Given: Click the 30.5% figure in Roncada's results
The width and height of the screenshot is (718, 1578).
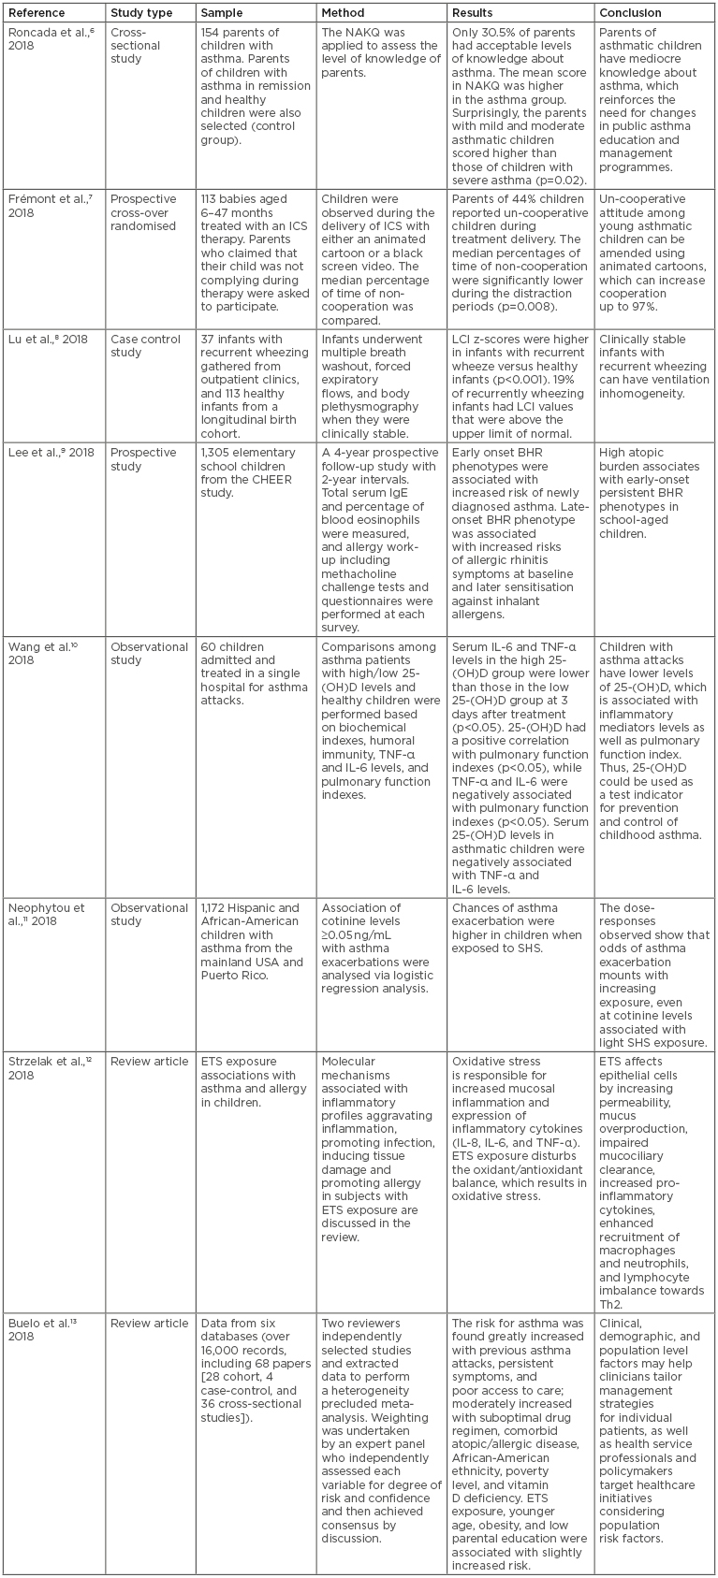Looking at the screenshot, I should [x=506, y=32].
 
